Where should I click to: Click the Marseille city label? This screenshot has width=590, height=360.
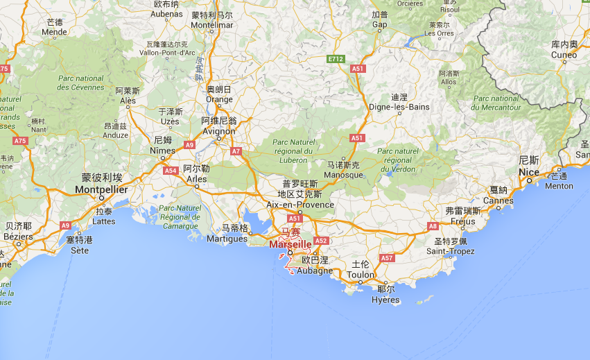[x=289, y=244]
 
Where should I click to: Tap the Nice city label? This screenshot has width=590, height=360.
[x=528, y=172]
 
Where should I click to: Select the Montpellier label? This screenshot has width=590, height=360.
[x=101, y=189]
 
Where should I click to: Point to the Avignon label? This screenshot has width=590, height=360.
[x=218, y=131]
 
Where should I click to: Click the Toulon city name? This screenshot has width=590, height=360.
[x=361, y=275]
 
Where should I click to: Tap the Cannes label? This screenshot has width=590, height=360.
[x=498, y=201]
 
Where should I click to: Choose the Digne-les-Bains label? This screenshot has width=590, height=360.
[x=400, y=108]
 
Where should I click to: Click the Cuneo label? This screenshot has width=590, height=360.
[x=564, y=55]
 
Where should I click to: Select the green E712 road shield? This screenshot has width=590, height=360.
[x=336, y=59]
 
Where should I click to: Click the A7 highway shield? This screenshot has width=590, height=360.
[x=236, y=151]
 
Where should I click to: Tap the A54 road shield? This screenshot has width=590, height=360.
[x=171, y=170]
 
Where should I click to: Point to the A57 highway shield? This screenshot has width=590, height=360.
[x=387, y=258]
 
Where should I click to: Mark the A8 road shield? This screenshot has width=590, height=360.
[x=433, y=226]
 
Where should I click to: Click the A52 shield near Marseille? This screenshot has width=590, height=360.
[x=320, y=241]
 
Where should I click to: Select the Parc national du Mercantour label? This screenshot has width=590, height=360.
[x=495, y=103]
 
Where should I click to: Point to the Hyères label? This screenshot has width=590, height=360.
[x=385, y=300]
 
